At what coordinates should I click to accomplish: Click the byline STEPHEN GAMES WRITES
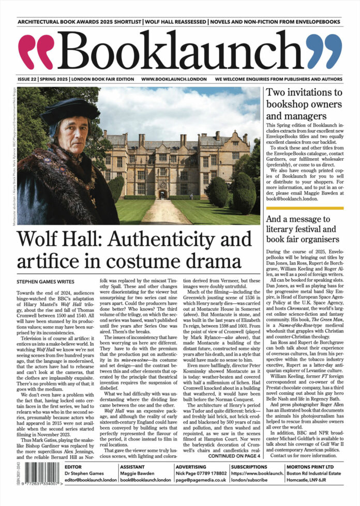click(x=45, y=282)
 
